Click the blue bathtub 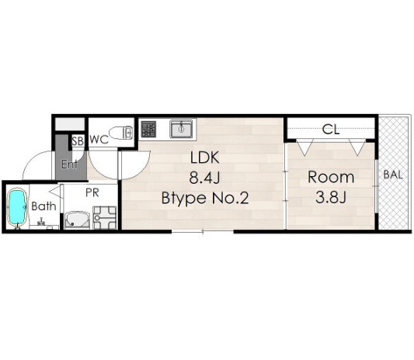pos(17,207)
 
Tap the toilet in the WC pos(120,133)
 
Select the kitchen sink pos(181,129)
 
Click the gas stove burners pos(148,130)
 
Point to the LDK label pos(205,157)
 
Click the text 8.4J pos(204,178)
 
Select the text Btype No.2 pos(205,199)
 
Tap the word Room pos(331,177)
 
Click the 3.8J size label pos(331,198)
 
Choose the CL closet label pos(331,130)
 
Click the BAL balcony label pos(393,175)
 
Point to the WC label pos(99,140)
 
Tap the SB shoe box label pos(78,142)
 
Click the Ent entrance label pos(69,164)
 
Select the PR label pos(92,192)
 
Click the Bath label pos(43,206)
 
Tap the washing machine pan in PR pos(105,217)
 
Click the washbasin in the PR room pos(77,220)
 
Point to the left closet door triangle pos(304,147)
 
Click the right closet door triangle pos(357,147)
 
